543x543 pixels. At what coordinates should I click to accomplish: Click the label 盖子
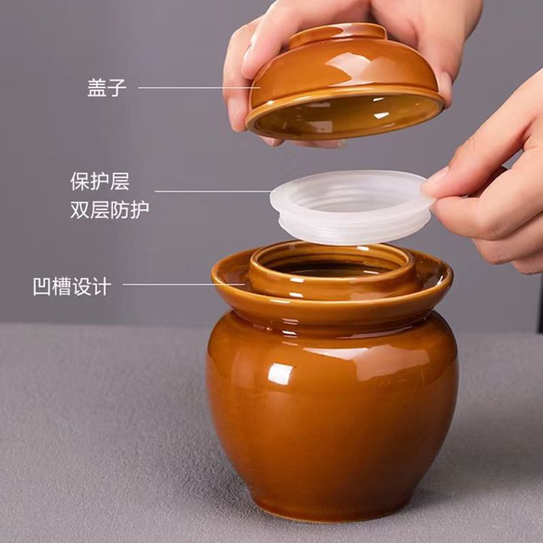pyautogui.click(x=107, y=88)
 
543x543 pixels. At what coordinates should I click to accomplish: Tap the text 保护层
pyautogui.click(x=100, y=182)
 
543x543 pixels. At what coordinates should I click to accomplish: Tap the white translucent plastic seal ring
pyautogui.click(x=350, y=204)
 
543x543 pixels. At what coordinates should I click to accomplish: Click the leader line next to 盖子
pyautogui.click(x=197, y=88)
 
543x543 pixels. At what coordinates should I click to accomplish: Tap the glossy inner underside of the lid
pyautogui.click(x=346, y=115)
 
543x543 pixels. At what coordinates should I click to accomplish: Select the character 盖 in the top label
pyautogui.click(x=97, y=88)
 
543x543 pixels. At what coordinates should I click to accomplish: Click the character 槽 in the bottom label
pyautogui.click(x=62, y=286)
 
